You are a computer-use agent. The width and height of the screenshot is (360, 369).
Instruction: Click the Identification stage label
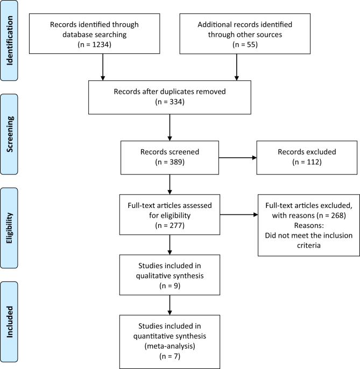[9, 40]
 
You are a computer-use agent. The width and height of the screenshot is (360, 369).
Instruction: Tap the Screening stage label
[9, 134]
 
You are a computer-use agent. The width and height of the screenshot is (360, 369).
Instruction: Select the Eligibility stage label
[9, 228]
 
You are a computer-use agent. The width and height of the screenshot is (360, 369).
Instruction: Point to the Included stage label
[9, 322]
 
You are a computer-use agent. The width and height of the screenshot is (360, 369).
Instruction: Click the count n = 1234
[95, 45]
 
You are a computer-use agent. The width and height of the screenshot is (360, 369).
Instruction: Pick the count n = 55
[245, 45]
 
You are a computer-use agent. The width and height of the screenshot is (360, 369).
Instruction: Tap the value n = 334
[170, 102]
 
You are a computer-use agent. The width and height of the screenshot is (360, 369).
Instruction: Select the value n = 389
[170, 162]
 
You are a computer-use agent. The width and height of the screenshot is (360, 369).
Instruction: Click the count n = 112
[307, 162]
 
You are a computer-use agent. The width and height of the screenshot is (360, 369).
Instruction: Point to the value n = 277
[170, 226]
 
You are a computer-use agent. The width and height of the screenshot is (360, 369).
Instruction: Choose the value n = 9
[170, 286]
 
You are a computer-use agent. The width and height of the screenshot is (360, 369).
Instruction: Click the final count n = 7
[170, 356]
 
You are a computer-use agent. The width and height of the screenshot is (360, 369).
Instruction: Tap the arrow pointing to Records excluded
[238, 158]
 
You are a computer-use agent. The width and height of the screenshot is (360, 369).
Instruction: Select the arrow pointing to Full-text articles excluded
[239, 214]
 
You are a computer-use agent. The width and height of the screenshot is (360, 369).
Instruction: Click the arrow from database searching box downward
[103, 67]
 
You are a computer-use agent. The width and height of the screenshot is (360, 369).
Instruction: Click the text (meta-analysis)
[170, 346]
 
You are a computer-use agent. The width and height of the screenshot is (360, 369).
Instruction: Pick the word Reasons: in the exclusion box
[309, 226]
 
